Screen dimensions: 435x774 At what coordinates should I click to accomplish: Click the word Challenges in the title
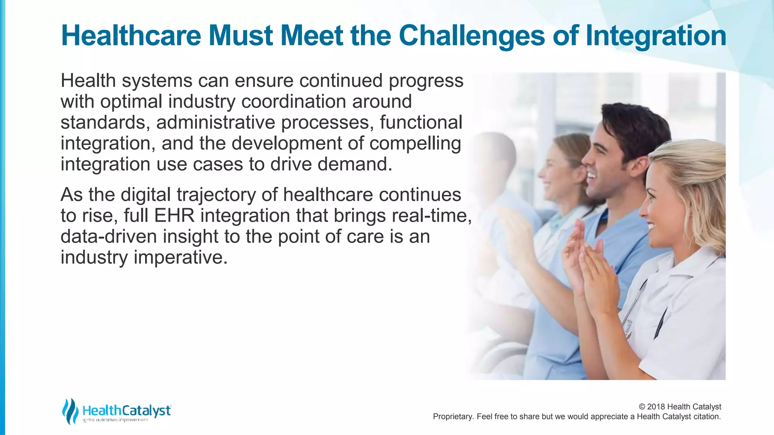(472, 36)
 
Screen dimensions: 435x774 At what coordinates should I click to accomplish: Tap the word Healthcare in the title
(131, 36)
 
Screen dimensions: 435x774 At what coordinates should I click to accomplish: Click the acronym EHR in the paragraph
(174, 216)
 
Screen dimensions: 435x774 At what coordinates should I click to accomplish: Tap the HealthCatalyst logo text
(127, 410)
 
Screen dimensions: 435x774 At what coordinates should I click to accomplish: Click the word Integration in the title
(656, 36)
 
